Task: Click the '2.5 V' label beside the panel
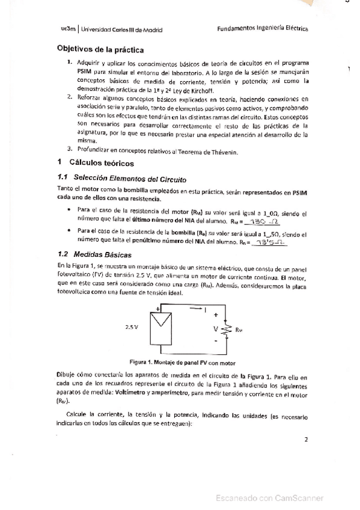coord(132,328)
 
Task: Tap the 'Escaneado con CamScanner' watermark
coord(270,498)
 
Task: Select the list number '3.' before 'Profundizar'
coord(70,150)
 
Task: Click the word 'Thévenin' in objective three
coord(224,151)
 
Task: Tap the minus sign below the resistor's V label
coord(215,346)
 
